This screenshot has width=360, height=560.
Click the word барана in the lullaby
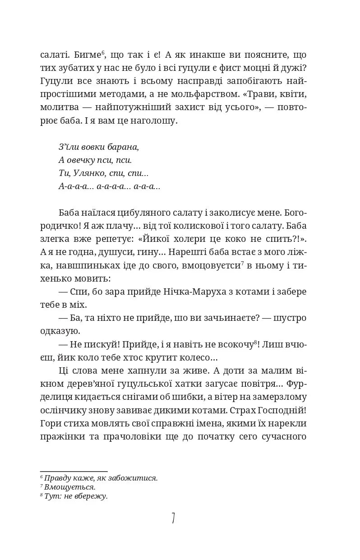(125, 147)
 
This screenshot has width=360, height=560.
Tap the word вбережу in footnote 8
(92, 496)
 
